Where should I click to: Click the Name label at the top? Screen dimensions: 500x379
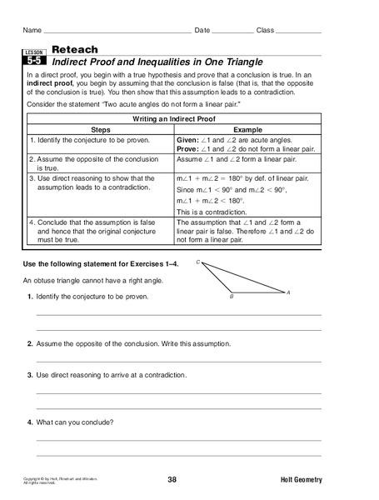click(32, 30)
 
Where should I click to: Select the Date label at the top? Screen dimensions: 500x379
click(202, 30)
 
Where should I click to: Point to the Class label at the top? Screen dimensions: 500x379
click(265, 30)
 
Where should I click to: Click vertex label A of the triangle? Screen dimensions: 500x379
click(288, 292)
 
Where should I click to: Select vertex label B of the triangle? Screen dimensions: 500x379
click(232, 297)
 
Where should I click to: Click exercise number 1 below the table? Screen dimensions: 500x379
click(29, 298)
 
